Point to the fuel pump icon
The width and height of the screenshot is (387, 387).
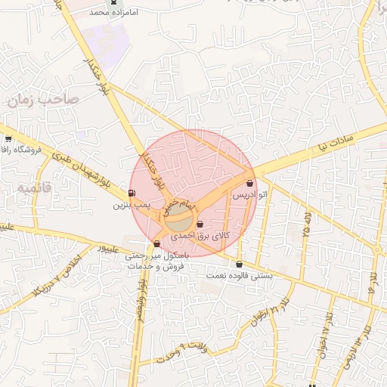tap(133, 193)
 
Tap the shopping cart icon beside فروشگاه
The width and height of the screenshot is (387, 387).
tap(8, 138)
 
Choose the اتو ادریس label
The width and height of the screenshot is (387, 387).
tap(249, 195)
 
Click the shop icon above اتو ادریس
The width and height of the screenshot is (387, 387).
tap(250, 183)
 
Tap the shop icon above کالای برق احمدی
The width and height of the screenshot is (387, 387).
tap(200, 224)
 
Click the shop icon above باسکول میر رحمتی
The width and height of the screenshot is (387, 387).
tap(156, 243)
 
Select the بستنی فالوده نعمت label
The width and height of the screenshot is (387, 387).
tap(240, 276)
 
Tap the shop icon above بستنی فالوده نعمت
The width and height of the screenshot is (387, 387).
tap(240, 264)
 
